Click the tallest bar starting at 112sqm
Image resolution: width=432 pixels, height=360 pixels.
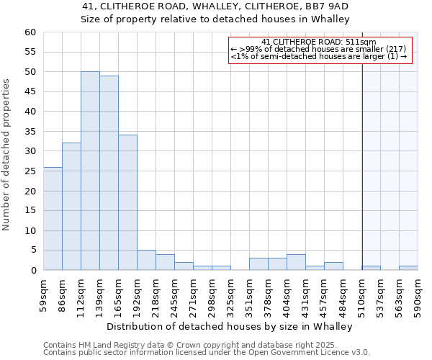click(90, 171)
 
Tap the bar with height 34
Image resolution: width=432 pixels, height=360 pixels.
click(127, 202)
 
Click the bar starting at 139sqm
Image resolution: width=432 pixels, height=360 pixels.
click(109, 173)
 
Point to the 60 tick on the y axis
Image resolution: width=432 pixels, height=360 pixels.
click(30, 32)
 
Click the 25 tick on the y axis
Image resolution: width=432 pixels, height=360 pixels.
click(30, 171)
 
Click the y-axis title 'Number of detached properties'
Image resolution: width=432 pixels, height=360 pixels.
click(7, 154)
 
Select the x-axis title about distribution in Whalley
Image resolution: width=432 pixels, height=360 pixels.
click(234, 326)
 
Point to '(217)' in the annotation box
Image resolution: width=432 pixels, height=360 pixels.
click(396, 48)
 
